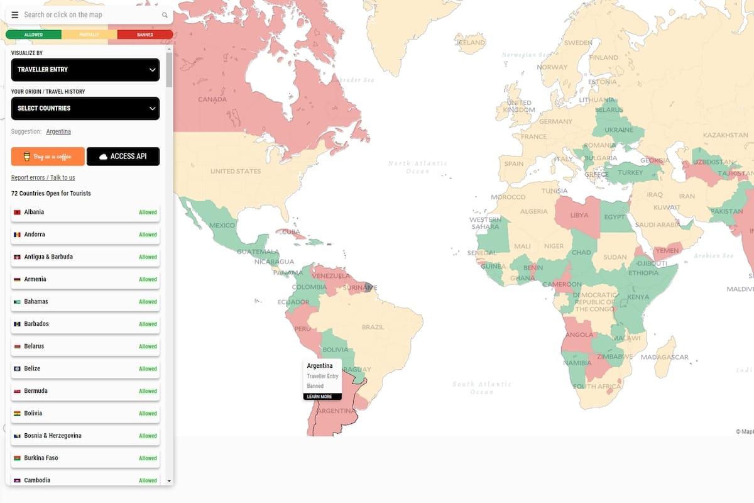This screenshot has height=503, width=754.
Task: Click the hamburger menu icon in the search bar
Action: point(15,15)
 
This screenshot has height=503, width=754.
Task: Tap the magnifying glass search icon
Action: point(165,15)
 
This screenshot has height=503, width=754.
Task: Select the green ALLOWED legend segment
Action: point(33,35)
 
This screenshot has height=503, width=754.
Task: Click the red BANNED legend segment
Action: point(145,35)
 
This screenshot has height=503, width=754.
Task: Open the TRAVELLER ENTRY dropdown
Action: point(85,70)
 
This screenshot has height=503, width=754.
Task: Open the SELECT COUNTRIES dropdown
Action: point(85,108)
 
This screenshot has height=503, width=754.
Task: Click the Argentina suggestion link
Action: point(58,131)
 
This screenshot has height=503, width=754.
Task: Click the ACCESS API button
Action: point(123,157)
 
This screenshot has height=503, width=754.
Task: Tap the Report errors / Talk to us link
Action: point(43,178)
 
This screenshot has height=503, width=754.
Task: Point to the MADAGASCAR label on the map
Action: point(665,357)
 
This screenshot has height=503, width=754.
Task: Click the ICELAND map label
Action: point(471,43)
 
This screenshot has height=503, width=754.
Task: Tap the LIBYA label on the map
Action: point(579,215)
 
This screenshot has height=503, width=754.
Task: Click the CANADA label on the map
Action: point(212,99)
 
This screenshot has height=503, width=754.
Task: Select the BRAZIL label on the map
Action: point(373,327)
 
